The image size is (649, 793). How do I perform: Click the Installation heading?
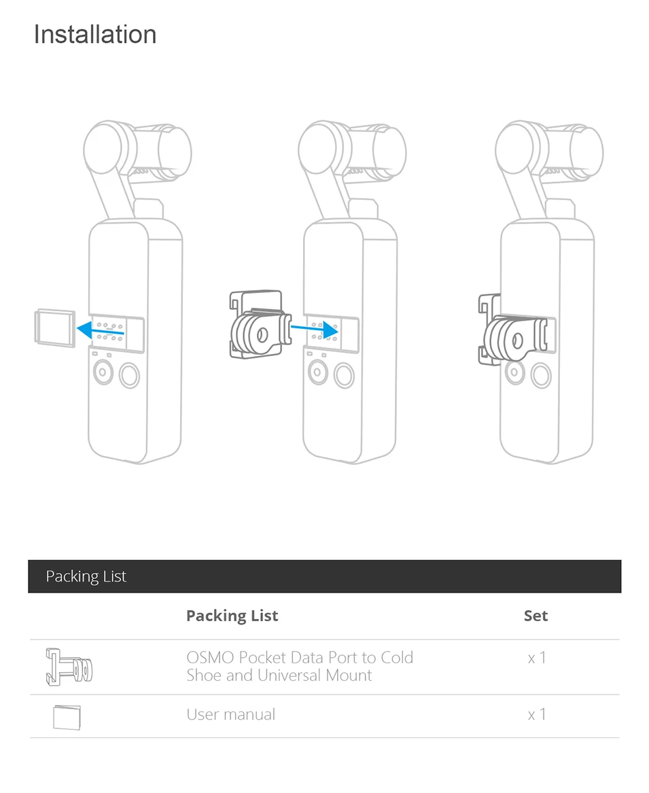pos(95,35)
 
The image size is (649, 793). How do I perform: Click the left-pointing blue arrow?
pos(100,331)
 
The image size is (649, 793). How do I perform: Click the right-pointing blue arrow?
pos(314,330)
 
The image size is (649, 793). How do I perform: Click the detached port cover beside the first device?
pos(54,328)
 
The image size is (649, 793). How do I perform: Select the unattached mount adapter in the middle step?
pos(260,324)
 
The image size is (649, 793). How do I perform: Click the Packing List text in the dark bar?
pos(86,576)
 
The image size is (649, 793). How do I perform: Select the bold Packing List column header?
pos(232,616)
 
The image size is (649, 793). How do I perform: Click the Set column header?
pos(536,616)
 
